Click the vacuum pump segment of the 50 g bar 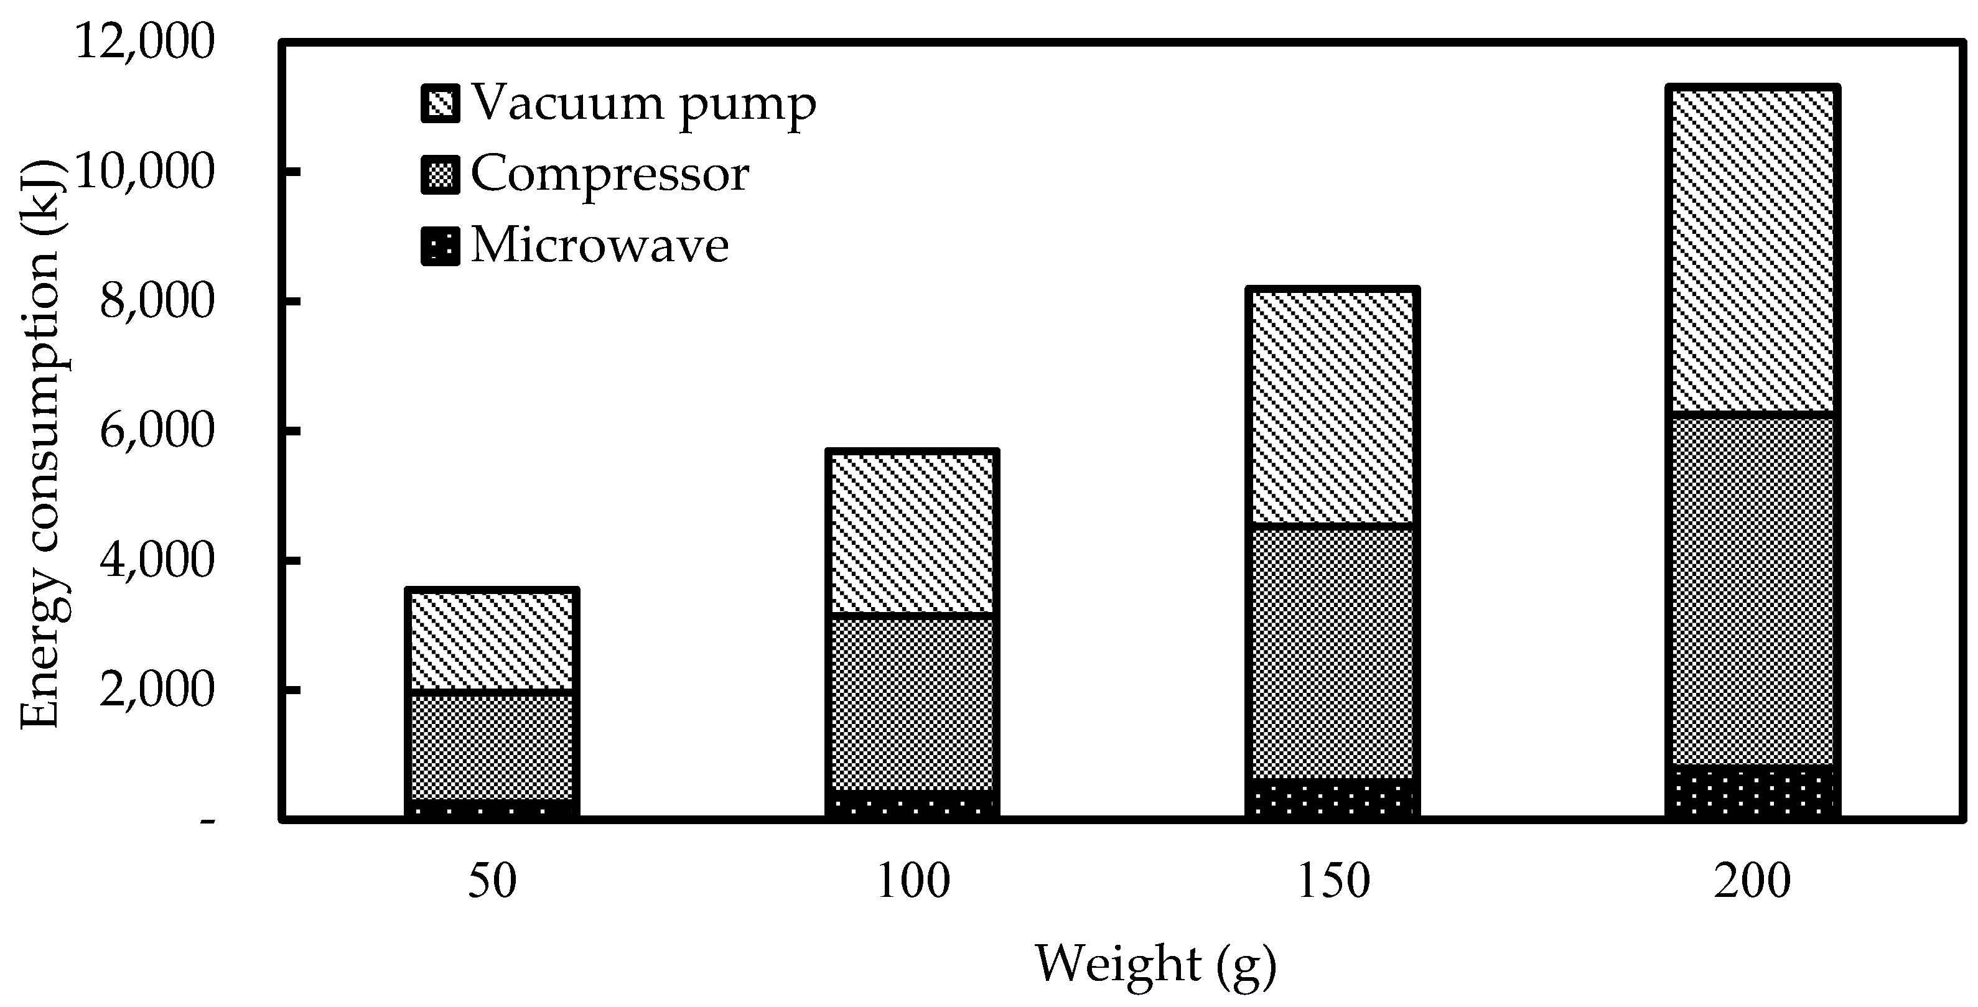tap(492, 641)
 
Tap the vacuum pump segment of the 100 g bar tap(912, 534)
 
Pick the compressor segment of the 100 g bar tap(912, 702)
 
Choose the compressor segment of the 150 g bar tap(1332, 652)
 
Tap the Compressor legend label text tap(610, 174)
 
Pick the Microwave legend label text tap(600, 246)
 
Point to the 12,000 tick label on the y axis tap(144, 42)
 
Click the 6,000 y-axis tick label tap(157, 432)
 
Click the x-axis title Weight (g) tap(1155, 965)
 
